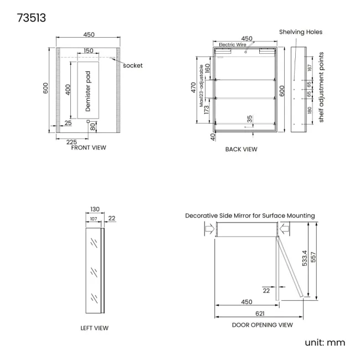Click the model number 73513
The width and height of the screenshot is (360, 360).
click(32, 18)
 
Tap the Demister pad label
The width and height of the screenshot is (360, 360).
click(88, 91)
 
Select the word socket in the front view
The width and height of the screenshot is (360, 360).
click(133, 66)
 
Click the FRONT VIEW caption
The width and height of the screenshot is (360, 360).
click(89, 148)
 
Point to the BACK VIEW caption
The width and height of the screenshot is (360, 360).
click(241, 149)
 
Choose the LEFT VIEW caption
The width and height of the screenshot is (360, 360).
click(94, 328)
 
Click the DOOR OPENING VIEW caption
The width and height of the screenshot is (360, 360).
click(262, 325)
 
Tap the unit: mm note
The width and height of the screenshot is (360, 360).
click(325, 342)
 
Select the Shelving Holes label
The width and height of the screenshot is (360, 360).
click(301, 32)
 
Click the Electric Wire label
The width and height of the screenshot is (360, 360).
click(233, 44)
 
